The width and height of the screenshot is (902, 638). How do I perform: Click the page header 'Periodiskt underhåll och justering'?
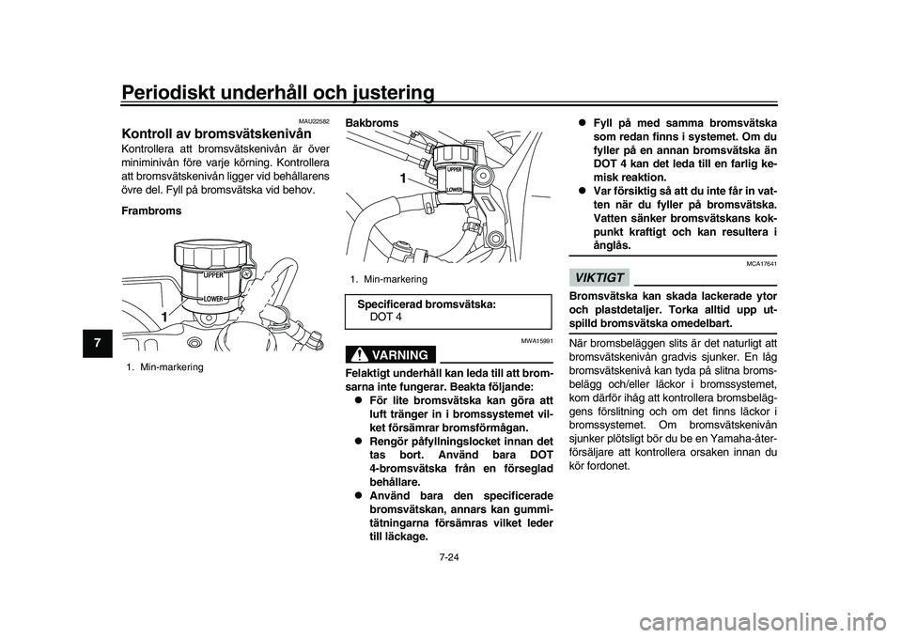tap(278, 91)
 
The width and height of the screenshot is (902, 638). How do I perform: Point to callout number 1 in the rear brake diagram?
tap(402, 178)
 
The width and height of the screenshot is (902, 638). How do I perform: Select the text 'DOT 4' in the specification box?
tap(386, 317)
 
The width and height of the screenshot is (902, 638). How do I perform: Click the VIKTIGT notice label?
tap(598, 276)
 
